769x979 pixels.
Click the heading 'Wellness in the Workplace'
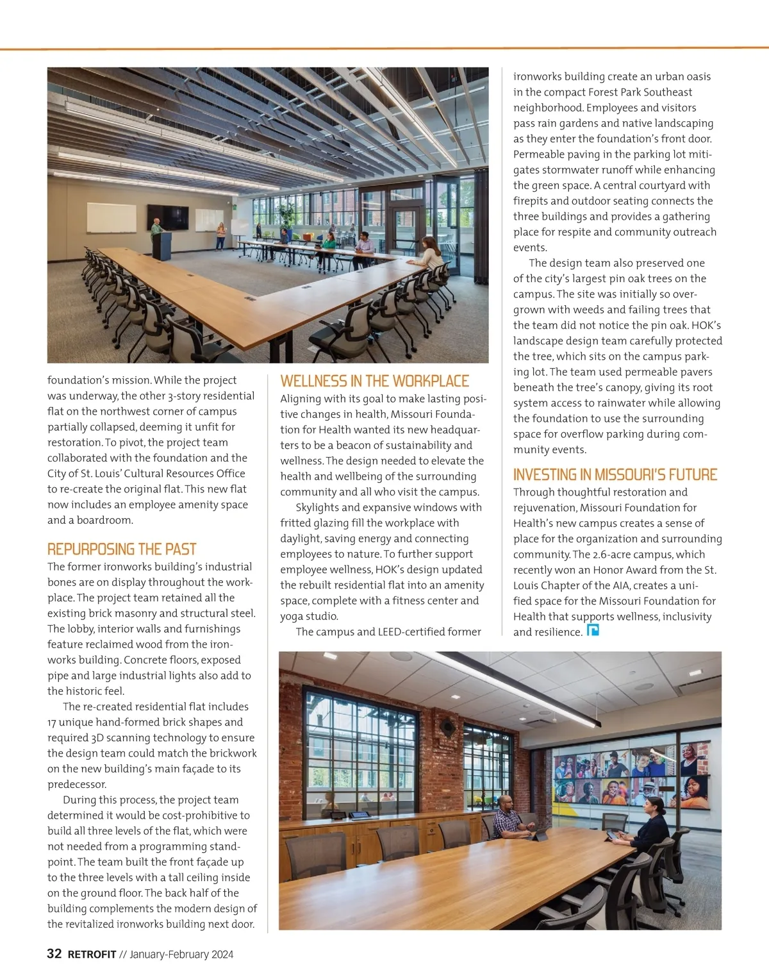[374, 381]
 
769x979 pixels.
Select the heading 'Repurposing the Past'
[122, 549]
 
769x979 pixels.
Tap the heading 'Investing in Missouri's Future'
[615, 475]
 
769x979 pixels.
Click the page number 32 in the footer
[54, 953]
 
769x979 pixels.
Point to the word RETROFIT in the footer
[92, 954]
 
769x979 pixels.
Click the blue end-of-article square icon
[593, 631]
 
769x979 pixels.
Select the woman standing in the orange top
[221, 235]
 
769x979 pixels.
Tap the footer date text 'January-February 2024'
[181, 954]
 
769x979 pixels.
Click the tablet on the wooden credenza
[359, 816]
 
